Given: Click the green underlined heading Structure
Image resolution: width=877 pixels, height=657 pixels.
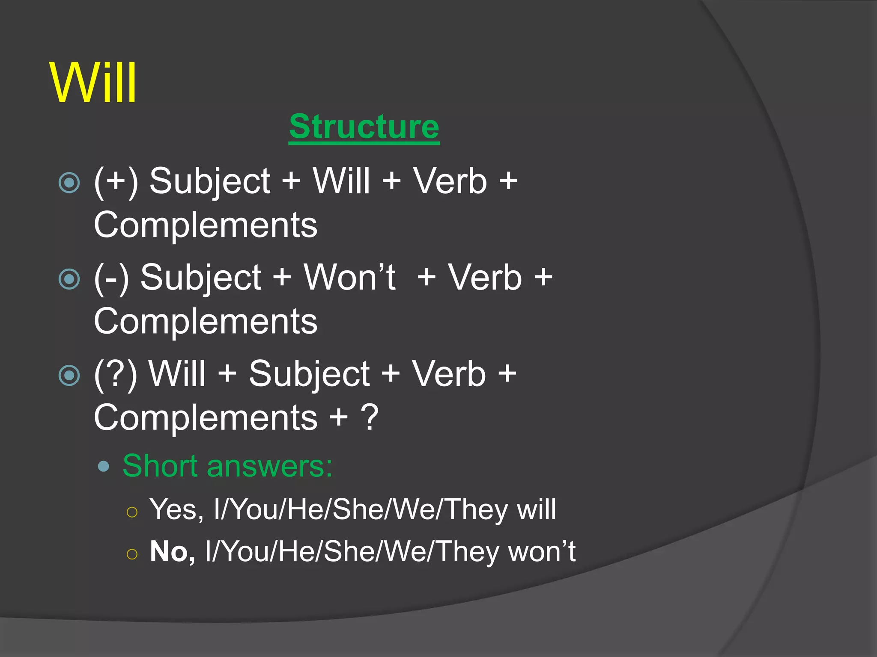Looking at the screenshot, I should tap(364, 127).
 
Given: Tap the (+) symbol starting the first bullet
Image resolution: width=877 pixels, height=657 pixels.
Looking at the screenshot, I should tap(116, 181).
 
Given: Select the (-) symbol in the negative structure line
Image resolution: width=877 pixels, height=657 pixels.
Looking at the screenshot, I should tap(111, 278).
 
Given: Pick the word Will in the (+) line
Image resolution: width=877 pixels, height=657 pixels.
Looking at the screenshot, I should tap(341, 181).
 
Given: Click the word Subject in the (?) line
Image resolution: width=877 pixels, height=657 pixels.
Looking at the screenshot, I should tap(309, 374).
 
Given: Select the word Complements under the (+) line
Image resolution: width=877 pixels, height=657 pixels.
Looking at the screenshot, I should tap(206, 225).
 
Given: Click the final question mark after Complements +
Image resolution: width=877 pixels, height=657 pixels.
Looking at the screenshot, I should tap(370, 417).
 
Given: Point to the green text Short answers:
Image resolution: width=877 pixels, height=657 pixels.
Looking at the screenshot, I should tap(227, 466).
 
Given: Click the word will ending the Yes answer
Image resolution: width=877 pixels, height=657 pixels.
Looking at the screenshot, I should tap(536, 509).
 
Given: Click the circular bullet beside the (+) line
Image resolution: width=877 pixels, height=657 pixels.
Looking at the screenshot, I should tap(69, 183).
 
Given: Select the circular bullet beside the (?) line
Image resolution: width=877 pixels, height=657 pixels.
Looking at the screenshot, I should tap(69, 376).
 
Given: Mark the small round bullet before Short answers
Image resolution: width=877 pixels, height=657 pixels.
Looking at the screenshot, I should tap(103, 466).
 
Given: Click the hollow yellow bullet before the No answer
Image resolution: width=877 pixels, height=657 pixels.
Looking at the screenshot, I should tap(132, 554).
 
